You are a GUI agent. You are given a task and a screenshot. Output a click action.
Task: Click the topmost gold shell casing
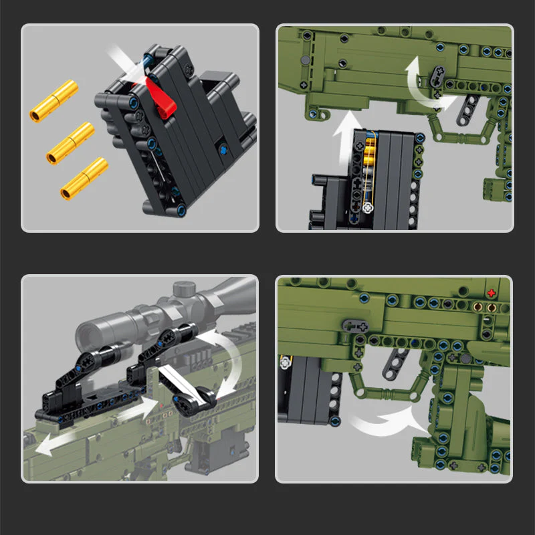coord(54,100)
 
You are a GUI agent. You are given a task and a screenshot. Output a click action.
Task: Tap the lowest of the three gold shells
coord(84,177)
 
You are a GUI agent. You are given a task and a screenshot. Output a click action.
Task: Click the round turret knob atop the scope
coord(184,290)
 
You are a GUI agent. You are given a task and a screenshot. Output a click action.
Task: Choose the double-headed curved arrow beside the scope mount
coord(224,361)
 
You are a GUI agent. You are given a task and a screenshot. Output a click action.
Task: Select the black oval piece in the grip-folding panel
coord(355,326)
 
